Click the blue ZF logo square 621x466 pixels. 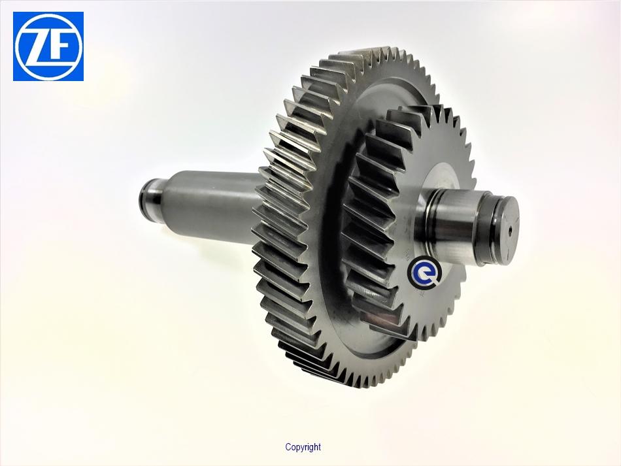(x=48, y=46)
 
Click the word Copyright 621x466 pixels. (x=303, y=448)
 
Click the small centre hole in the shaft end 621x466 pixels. (x=510, y=229)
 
